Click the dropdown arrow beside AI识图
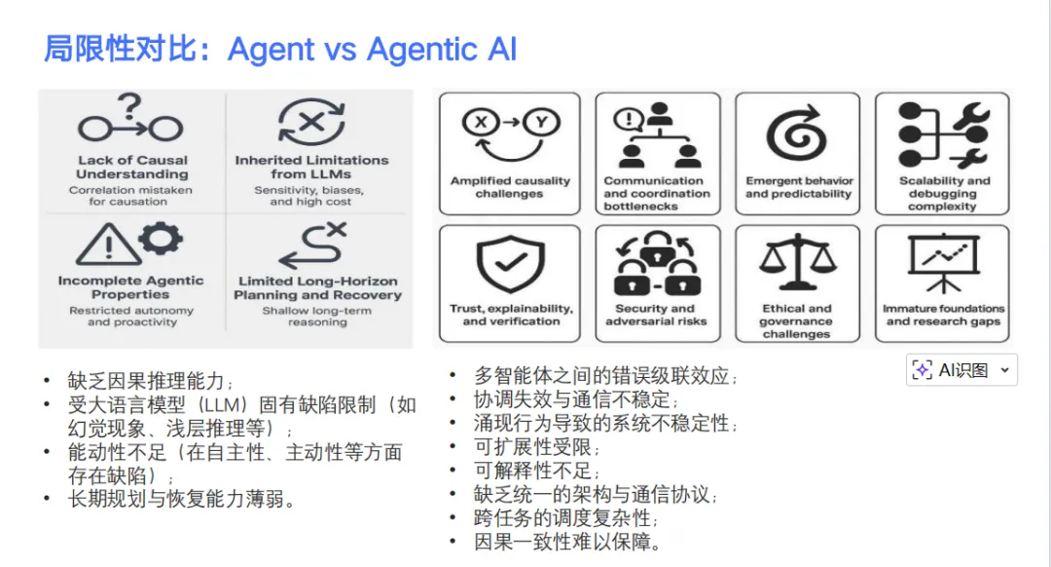point(1004,370)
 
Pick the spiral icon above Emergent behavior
point(797,134)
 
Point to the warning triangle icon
point(107,245)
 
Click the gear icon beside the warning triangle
point(161,239)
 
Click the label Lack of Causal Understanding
point(131,167)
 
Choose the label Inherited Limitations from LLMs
point(311,167)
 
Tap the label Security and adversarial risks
point(655,315)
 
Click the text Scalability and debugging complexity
point(942,193)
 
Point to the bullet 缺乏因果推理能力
point(151,381)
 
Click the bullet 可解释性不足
point(536,472)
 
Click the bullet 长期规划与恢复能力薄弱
point(181,499)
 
